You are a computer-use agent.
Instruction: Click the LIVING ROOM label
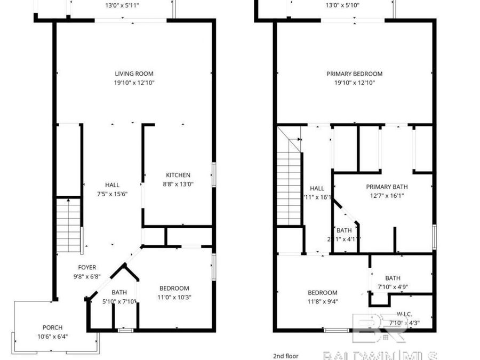[x=134, y=74]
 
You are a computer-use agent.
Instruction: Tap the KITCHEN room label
[x=178, y=175]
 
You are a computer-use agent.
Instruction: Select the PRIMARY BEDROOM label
[x=354, y=74]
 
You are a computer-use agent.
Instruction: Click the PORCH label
[x=52, y=327]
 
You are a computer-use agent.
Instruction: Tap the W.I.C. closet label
[x=404, y=314]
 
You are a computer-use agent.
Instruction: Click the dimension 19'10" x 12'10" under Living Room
[x=134, y=83]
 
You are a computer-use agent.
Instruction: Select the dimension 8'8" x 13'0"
[x=178, y=184]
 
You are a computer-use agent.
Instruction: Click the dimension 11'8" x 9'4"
[x=322, y=301]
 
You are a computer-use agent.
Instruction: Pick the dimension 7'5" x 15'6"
[x=112, y=194]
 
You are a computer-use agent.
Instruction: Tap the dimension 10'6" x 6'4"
[x=52, y=337]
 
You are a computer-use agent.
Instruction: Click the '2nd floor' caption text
[x=285, y=356]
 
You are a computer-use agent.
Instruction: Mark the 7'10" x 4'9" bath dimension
[x=393, y=287]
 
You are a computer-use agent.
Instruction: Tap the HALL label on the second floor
[x=317, y=188]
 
